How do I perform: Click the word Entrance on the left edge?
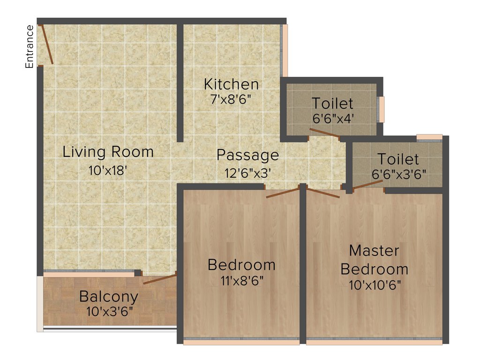click(x=30, y=47)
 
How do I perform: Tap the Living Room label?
click(x=108, y=152)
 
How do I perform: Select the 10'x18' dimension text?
click(x=108, y=171)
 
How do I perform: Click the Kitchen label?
click(x=231, y=84)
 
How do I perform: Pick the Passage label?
click(x=247, y=155)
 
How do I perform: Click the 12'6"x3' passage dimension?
click(x=247, y=173)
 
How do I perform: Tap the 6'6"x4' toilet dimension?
click(x=333, y=118)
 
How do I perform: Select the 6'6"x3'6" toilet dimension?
click(x=399, y=174)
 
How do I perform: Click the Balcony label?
click(x=109, y=297)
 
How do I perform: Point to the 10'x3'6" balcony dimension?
click(x=109, y=311)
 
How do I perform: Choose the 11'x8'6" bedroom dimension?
click(x=241, y=281)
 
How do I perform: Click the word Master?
click(x=374, y=250)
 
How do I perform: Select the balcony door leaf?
click(x=159, y=279)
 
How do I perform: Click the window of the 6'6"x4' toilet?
click(x=382, y=109)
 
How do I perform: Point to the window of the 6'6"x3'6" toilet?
click(x=429, y=137)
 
